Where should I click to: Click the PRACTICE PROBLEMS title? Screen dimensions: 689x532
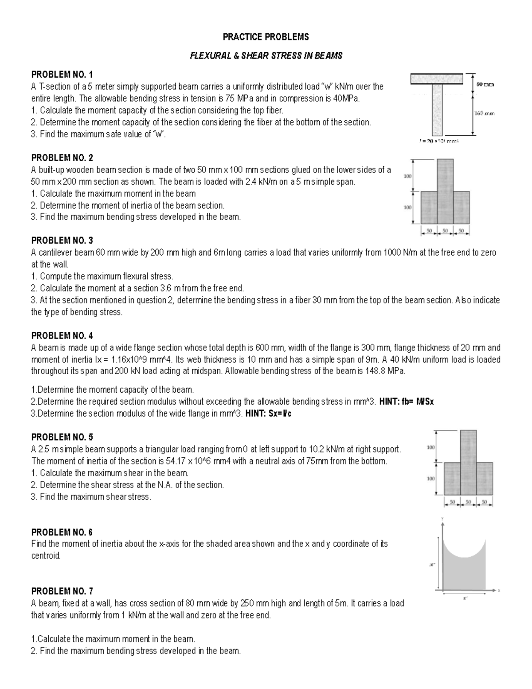266,37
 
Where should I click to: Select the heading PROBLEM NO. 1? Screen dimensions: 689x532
62,74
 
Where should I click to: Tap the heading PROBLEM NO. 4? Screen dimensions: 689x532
62,336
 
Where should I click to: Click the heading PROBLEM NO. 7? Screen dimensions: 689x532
62,591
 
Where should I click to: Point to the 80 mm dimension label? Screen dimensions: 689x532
485,84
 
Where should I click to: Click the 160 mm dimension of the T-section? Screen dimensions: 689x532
485,114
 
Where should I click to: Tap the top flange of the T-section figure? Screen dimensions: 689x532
437,79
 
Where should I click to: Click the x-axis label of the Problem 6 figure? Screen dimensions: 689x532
499,591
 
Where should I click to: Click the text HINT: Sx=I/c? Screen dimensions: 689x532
268,413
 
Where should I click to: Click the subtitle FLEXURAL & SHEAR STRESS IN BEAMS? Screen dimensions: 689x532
266,56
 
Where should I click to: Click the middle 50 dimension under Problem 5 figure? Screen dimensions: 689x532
468,502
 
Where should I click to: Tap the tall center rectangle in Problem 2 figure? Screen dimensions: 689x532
445,191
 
